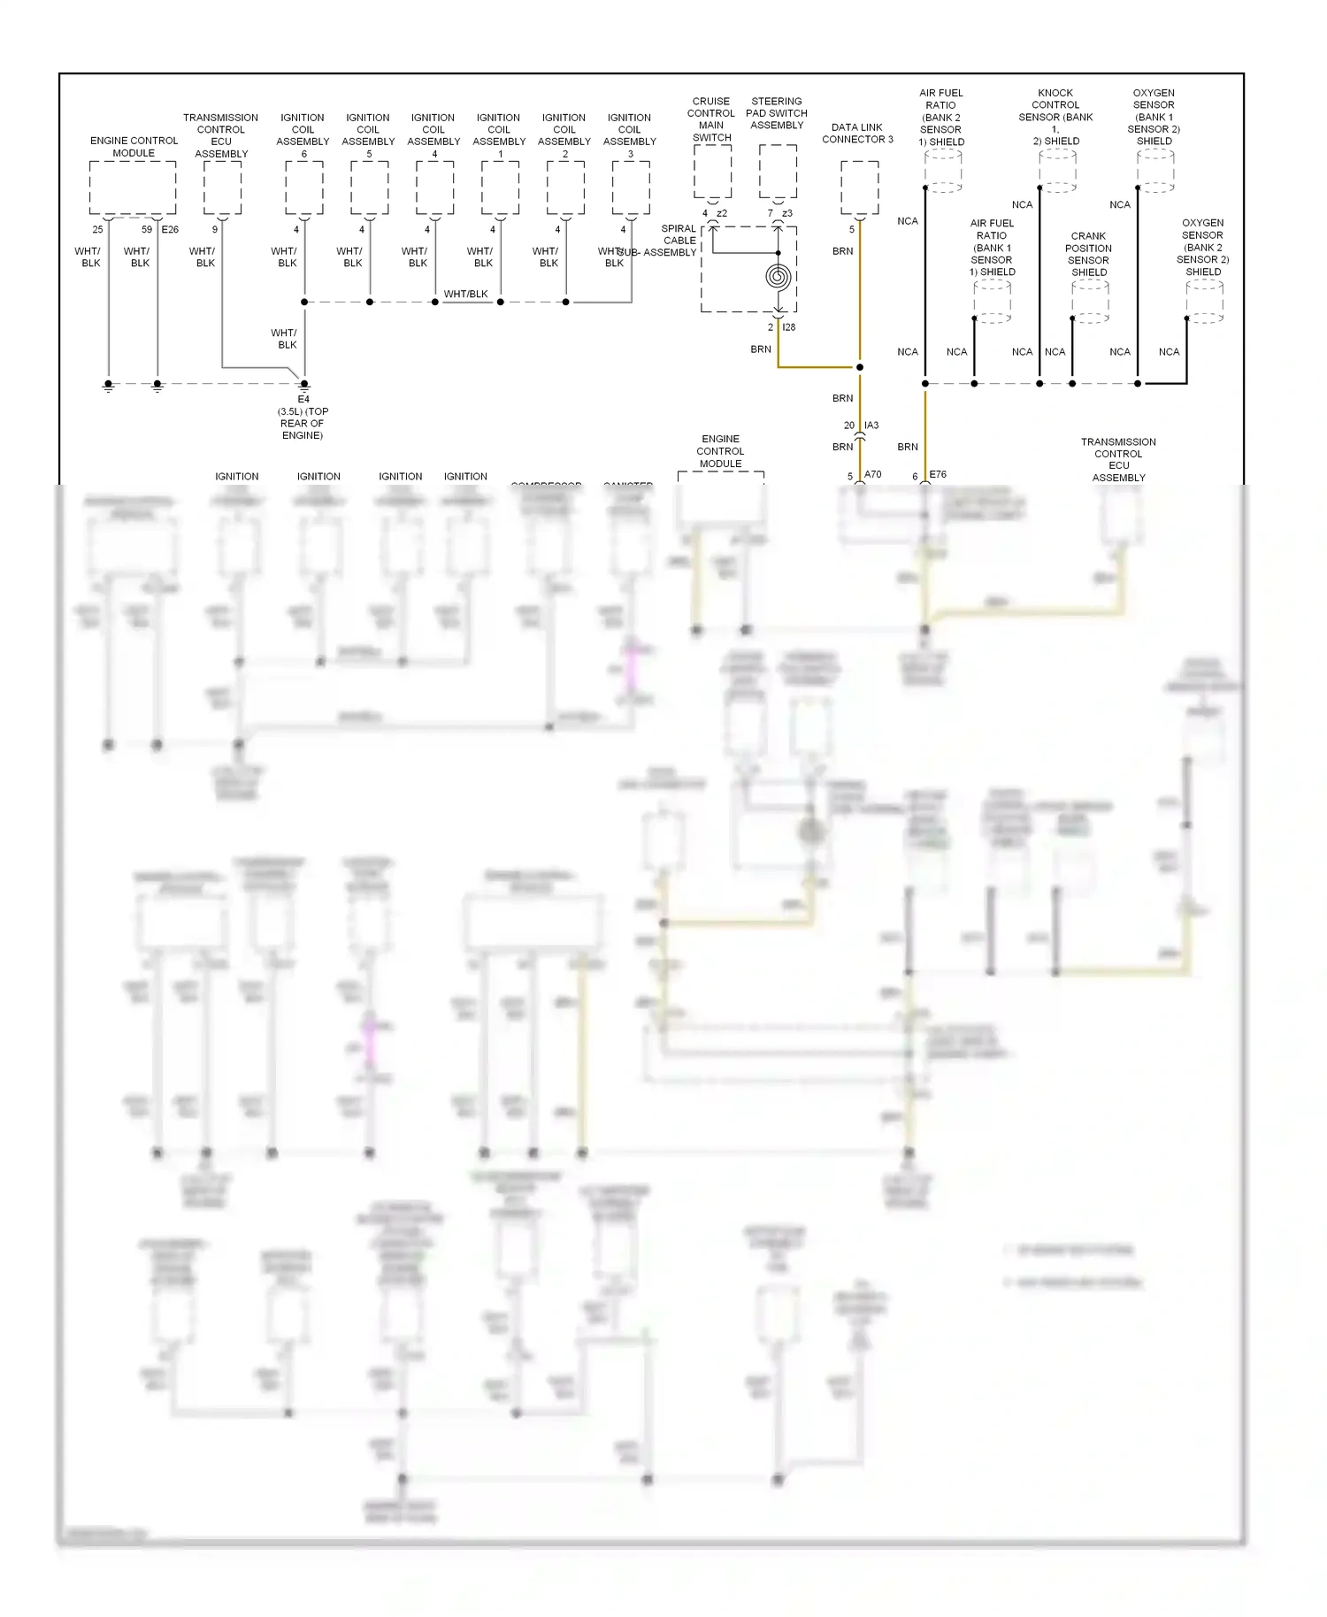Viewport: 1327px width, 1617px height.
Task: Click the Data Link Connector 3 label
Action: [x=856, y=134]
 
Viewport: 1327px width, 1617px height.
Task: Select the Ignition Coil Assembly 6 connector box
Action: [x=303, y=188]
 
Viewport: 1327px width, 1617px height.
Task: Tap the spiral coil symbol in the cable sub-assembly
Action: [x=778, y=277]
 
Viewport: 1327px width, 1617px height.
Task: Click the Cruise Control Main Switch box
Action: [x=712, y=172]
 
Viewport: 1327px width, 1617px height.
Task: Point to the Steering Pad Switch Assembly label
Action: [x=777, y=113]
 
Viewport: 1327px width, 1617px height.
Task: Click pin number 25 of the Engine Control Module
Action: [x=97, y=230]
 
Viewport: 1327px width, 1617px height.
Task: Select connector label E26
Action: [x=170, y=230]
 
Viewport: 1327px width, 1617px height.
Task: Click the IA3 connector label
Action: [x=871, y=425]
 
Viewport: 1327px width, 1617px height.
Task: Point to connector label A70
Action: [x=872, y=475]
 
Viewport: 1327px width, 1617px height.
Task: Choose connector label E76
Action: [x=938, y=475]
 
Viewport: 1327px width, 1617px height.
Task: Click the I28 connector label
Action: [x=789, y=327]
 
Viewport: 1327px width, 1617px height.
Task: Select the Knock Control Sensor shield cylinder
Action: [x=1057, y=170]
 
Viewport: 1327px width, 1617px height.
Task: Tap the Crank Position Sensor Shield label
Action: [x=1089, y=255]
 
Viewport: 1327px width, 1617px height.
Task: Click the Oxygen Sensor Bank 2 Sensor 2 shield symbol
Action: [x=1204, y=302]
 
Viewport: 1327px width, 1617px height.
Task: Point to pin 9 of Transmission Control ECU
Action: [x=215, y=230]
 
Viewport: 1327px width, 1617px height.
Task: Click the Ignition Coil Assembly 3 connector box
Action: [x=631, y=188]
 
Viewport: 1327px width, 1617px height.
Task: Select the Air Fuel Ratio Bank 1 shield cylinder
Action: [x=992, y=302]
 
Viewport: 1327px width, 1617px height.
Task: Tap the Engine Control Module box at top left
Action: [x=133, y=188]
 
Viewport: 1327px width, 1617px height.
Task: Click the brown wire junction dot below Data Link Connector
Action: [x=859, y=367]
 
